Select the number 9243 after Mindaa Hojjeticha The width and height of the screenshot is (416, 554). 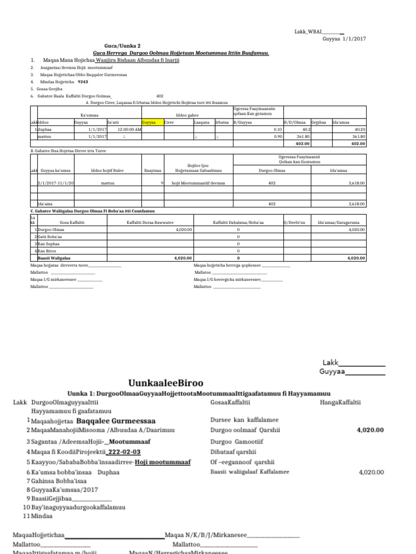coord(83,81)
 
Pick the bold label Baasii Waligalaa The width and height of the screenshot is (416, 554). coord(61,259)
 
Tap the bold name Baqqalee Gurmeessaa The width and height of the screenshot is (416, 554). coord(116,420)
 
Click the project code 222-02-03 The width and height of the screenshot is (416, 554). coord(124,452)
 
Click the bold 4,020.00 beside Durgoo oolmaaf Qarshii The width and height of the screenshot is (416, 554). coord(369,430)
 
